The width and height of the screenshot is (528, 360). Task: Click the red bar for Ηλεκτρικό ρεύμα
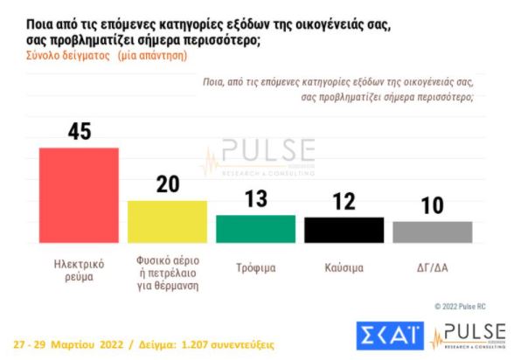point(79,195)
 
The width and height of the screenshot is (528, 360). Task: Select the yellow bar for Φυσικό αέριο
point(167,222)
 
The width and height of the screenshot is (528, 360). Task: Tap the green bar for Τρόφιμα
point(255,229)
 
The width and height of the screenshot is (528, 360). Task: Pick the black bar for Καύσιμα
point(344,230)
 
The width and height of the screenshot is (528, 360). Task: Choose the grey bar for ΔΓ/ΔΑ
point(432,232)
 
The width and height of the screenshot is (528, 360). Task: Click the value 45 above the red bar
point(79,132)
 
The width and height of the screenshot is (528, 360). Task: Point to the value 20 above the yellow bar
point(167,185)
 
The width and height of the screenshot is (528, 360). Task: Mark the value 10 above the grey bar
point(432,206)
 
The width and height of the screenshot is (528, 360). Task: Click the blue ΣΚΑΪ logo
point(391,335)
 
